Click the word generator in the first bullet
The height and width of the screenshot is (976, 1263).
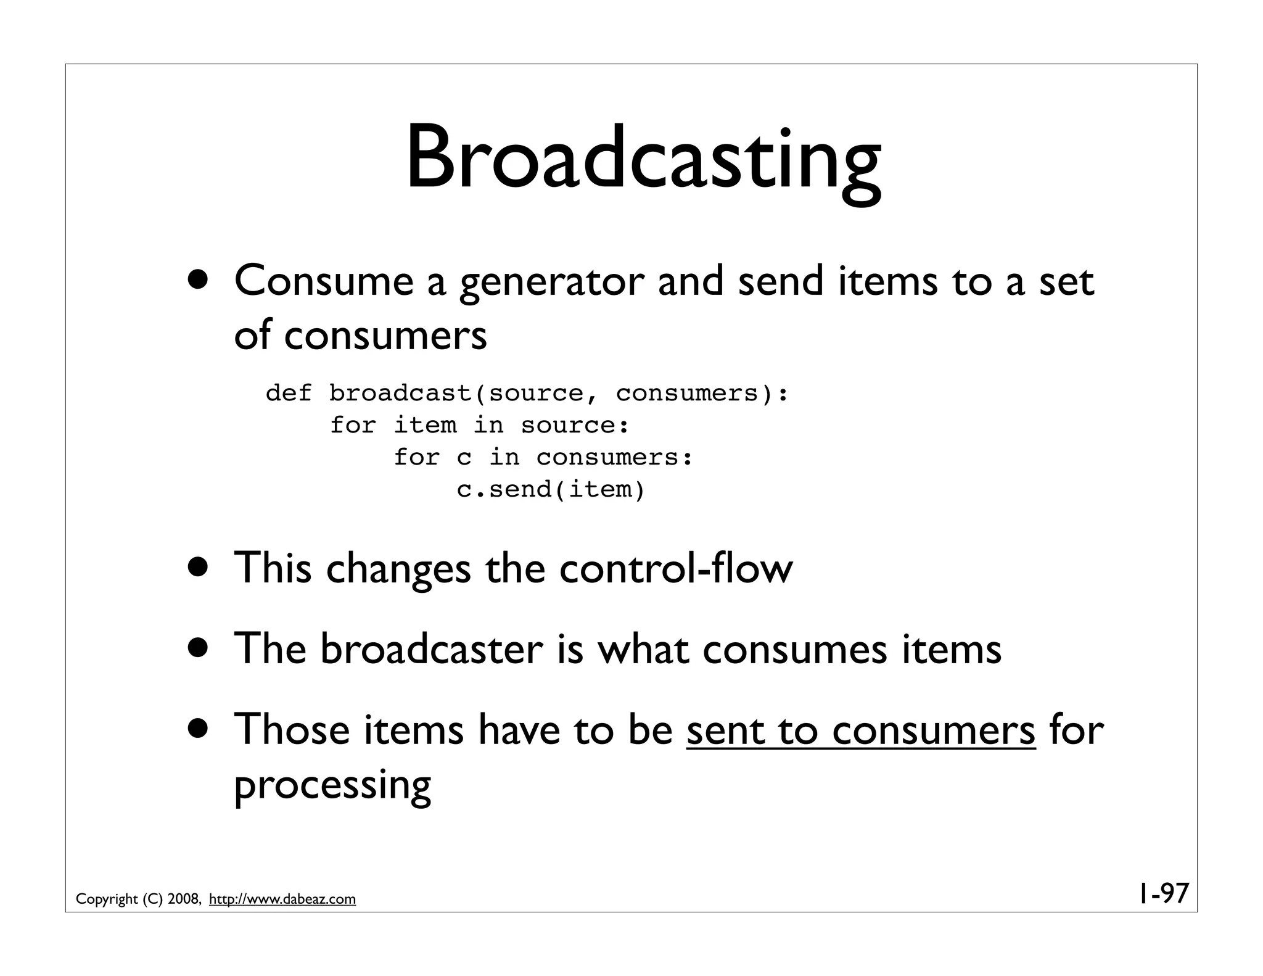coord(552,282)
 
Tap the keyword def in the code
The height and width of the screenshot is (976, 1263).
coord(289,393)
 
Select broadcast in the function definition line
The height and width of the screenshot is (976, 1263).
coord(400,393)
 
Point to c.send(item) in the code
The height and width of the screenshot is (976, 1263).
coord(551,489)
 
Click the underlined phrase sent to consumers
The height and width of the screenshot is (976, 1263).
coord(860,730)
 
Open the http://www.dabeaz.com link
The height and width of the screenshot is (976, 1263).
coord(282,899)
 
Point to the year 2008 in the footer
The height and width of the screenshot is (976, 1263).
coord(183,899)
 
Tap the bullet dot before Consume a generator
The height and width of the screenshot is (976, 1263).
coord(199,281)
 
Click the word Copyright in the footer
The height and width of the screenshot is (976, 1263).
coord(107,899)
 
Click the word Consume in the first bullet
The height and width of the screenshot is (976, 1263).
coord(323,282)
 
